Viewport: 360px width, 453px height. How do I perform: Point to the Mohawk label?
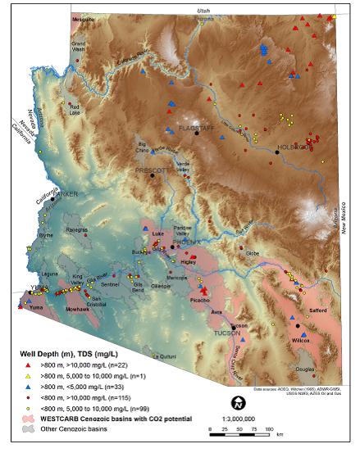coord(78,310)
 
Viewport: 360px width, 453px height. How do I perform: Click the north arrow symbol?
coord(239,401)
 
